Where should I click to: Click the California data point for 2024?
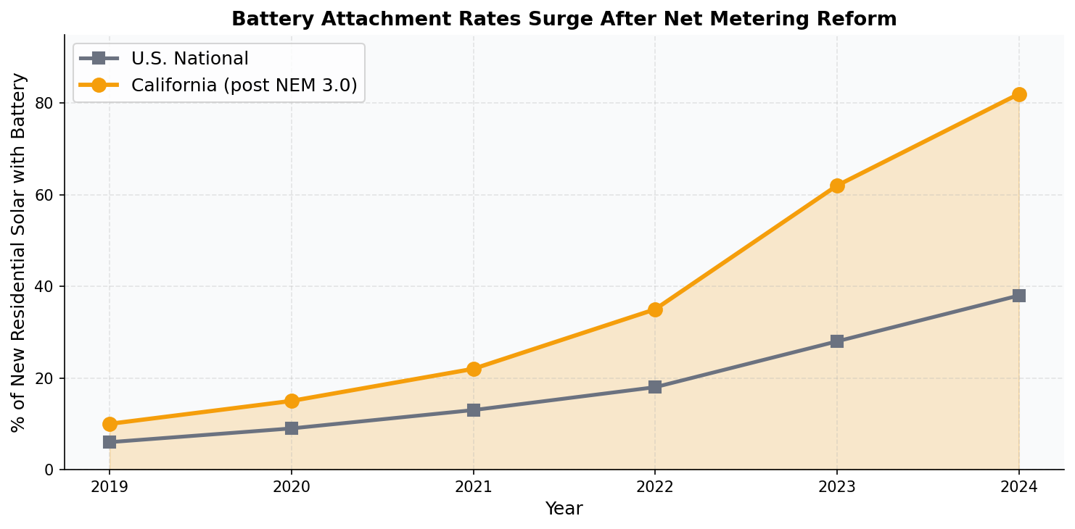click(1018, 94)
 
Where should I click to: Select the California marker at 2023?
click(837, 186)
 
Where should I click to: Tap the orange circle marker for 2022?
click(655, 309)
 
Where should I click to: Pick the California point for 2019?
click(110, 424)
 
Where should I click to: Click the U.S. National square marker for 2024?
click(1018, 296)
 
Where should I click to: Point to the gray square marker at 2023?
click(837, 341)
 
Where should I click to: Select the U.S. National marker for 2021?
click(474, 410)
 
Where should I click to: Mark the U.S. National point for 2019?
click(110, 442)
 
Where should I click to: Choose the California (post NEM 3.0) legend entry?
click(244, 86)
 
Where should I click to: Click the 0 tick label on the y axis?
click(50, 470)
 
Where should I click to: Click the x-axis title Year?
click(564, 509)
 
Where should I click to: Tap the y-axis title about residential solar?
click(19, 252)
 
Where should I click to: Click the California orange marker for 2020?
click(292, 401)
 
